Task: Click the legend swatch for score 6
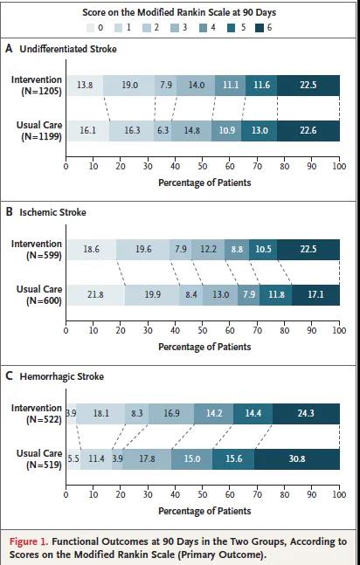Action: (260, 27)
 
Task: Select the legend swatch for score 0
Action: (91, 27)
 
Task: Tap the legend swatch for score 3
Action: (175, 27)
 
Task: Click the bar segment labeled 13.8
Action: (85, 86)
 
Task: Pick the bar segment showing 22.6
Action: (308, 130)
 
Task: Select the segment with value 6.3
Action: (163, 130)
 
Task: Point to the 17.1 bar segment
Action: (316, 295)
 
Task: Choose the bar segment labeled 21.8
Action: (95, 295)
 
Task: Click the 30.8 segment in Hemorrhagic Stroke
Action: (297, 459)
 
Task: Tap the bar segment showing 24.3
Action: (306, 414)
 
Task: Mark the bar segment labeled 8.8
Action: (237, 250)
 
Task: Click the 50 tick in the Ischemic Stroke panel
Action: (203, 330)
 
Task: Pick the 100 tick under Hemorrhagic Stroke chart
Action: (339, 495)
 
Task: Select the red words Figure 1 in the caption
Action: (29, 541)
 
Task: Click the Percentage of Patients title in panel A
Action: (204, 183)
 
